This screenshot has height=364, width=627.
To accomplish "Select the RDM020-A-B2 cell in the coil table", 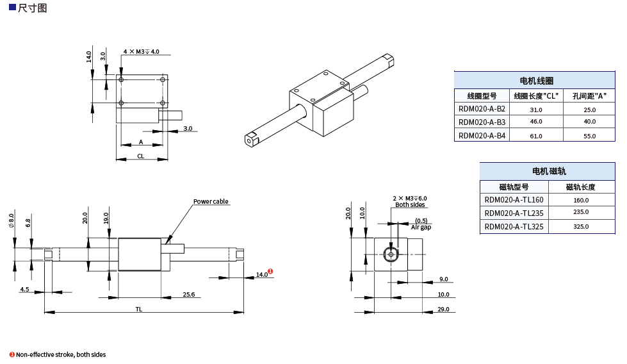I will click(482, 109).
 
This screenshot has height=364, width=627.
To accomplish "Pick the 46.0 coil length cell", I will click(536, 122).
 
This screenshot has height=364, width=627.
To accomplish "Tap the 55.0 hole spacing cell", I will click(589, 136).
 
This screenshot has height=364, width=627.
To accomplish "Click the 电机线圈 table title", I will click(536, 81).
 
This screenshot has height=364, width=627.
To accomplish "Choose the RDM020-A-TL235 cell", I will click(514, 213).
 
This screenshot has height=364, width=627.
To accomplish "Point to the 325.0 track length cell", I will click(581, 227).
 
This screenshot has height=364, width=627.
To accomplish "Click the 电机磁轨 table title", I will click(548, 171).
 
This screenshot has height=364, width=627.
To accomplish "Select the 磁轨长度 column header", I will click(581, 186).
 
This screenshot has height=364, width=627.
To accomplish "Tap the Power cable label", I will click(211, 202).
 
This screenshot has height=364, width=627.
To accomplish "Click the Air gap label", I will click(421, 227).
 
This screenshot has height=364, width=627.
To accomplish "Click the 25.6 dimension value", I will click(188, 295).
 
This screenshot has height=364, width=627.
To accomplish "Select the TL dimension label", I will click(138, 309).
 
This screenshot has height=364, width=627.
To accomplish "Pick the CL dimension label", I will click(140, 156).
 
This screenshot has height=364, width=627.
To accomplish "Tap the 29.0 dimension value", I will click(443, 310).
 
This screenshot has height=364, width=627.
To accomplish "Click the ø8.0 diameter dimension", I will click(12, 222).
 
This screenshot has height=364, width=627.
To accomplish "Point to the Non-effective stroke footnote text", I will click(61, 354).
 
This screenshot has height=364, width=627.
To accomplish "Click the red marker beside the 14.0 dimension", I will click(270, 272).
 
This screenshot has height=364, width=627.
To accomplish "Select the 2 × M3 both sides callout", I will click(410, 201).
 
